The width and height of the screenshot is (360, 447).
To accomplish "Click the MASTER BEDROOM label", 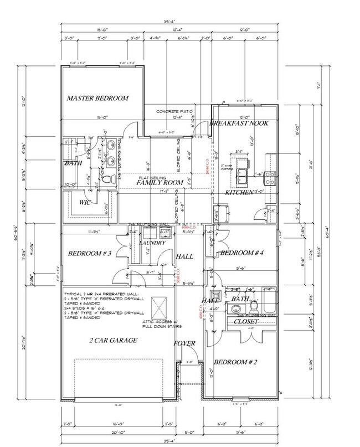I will (97, 99).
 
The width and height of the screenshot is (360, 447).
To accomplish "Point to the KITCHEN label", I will (239, 192).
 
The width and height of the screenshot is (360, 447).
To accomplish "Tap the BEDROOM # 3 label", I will (90, 254).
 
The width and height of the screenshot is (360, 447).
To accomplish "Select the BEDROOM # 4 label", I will (241, 253).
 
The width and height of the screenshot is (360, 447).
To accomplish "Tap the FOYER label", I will (184, 343).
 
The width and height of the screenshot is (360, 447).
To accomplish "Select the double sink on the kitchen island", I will (243, 175).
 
